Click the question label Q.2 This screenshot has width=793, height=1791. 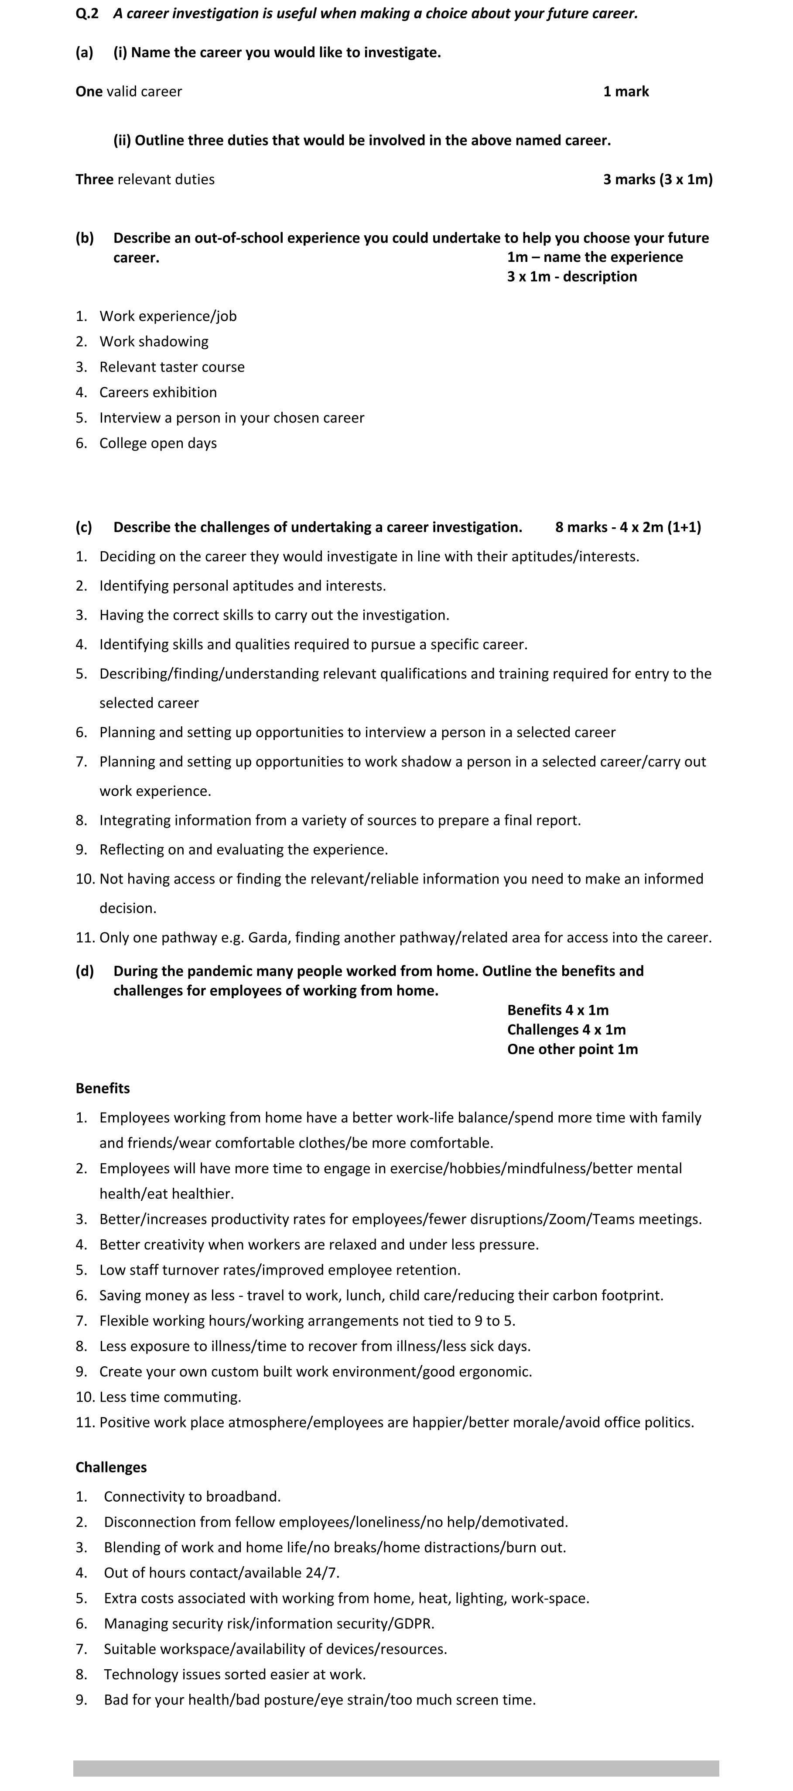click(87, 13)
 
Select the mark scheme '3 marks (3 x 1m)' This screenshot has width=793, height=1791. click(657, 179)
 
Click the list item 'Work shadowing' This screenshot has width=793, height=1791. click(154, 341)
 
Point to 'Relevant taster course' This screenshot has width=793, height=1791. click(172, 367)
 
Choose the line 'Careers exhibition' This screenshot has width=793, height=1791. click(158, 392)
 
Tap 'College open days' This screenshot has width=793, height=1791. click(158, 443)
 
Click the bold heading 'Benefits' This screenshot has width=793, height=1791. click(103, 1089)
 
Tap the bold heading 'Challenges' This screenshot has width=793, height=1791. click(111, 1468)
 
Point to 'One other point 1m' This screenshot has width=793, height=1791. click(572, 1050)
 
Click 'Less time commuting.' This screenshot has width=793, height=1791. click(170, 1397)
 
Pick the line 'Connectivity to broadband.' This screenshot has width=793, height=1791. click(192, 1497)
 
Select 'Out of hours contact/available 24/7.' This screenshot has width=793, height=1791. click(222, 1573)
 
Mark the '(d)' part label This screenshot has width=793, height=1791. click(85, 971)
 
